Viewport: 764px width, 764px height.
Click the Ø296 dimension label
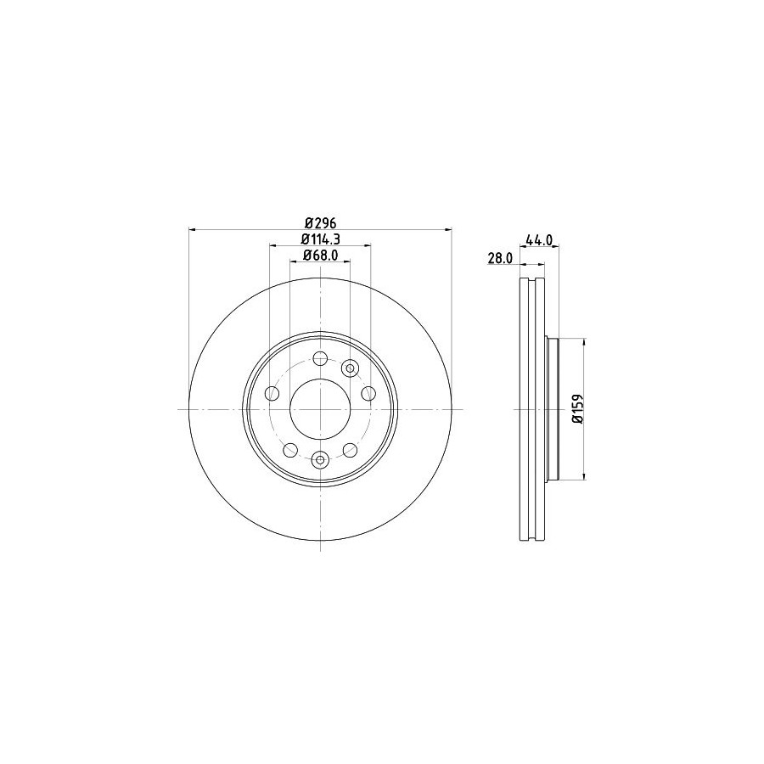tap(321, 223)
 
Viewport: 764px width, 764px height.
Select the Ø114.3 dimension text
tap(320, 239)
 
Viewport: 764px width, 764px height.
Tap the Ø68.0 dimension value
tap(320, 256)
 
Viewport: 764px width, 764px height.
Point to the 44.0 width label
tap(539, 239)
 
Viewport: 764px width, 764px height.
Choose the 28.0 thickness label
tap(500, 258)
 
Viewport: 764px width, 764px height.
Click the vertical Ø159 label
tap(577, 409)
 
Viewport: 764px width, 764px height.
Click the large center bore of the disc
tap(320, 409)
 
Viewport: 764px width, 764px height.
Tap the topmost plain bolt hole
tap(320, 359)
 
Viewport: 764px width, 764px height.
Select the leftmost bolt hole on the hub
tap(272, 393)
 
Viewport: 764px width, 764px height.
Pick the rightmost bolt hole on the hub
tap(368, 393)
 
